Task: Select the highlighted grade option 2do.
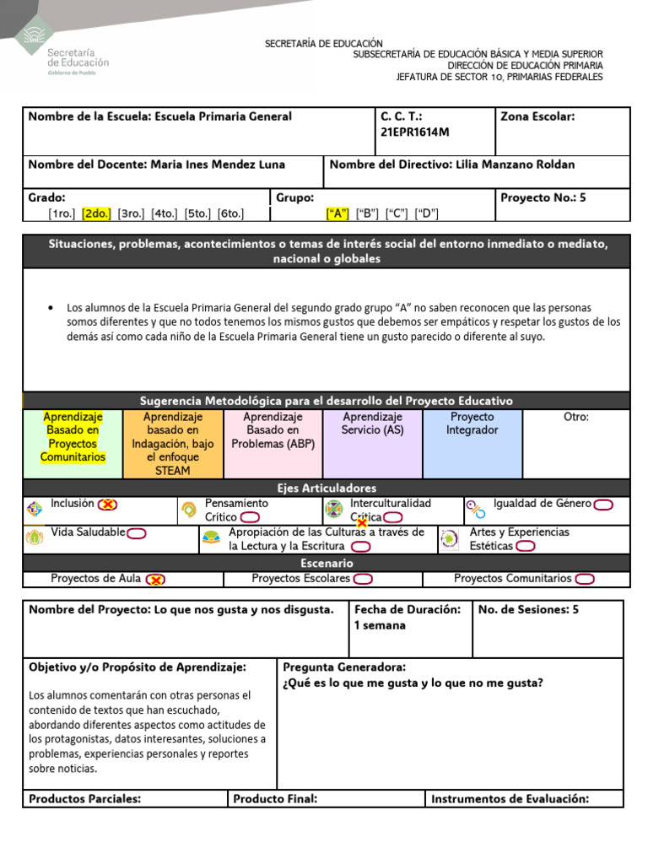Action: click(x=96, y=213)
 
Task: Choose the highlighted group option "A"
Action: click(x=337, y=213)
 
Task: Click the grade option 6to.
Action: click(x=230, y=213)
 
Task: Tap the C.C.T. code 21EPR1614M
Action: click(x=415, y=132)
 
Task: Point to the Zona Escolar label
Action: click(x=537, y=116)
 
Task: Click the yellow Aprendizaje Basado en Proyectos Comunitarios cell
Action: click(x=73, y=437)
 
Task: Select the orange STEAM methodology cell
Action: click(x=173, y=444)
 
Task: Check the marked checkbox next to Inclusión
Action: click(x=108, y=505)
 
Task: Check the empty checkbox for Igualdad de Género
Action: click(x=603, y=505)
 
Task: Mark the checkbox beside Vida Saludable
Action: click(x=137, y=532)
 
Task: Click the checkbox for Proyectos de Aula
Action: click(x=155, y=579)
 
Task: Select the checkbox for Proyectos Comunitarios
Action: click(x=585, y=579)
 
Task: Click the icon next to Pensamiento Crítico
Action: click(x=189, y=510)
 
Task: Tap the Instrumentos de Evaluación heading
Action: click(x=510, y=799)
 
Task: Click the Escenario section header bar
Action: click(x=326, y=563)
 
